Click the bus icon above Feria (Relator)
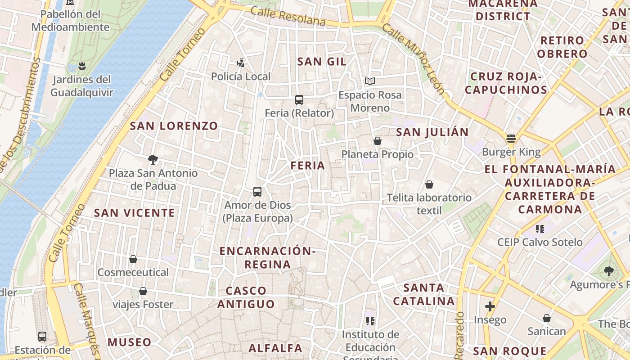click(x=299, y=100)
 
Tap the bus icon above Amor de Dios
click(x=257, y=192)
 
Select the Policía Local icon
click(x=241, y=63)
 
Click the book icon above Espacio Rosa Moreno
click(x=370, y=81)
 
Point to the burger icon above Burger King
click(x=511, y=139)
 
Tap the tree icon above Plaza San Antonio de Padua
click(x=153, y=159)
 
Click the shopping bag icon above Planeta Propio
click(x=378, y=141)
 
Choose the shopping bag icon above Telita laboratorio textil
click(x=429, y=184)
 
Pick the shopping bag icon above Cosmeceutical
click(x=133, y=259)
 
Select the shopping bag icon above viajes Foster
click(x=143, y=292)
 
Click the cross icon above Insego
click(x=490, y=307)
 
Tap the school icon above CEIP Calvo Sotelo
click(x=540, y=229)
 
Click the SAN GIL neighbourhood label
click(x=322, y=62)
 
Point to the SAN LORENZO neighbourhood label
click(x=174, y=126)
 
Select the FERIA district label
click(x=308, y=166)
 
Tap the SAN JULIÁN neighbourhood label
click(x=432, y=132)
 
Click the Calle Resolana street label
click(x=288, y=16)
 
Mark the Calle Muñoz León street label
click(x=414, y=58)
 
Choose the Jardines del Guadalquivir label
click(x=81, y=86)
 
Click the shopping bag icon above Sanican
click(x=547, y=319)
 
